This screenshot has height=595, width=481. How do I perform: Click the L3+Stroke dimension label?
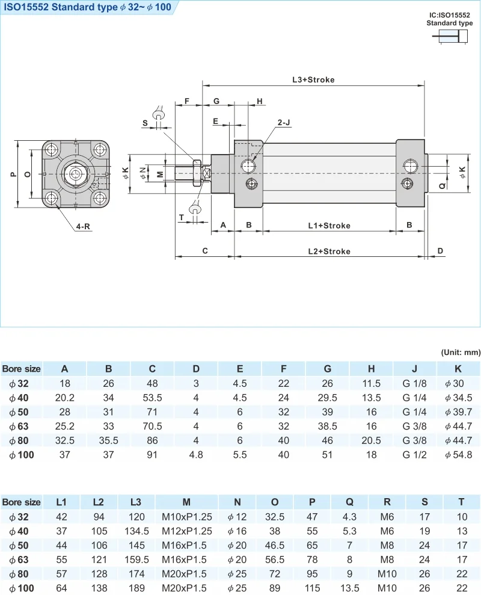point(313,79)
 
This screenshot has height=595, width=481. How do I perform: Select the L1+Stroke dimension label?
point(329,226)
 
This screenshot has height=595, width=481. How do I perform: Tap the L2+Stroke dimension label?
point(329,251)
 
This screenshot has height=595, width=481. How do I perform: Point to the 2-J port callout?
point(284,122)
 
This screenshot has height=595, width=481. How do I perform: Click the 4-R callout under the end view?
point(83,227)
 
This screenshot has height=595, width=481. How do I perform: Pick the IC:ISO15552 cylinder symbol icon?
point(449,38)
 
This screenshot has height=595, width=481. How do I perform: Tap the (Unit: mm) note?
point(459,352)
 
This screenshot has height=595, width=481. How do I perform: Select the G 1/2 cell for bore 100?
point(415,455)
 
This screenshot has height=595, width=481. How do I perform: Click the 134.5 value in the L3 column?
point(136,531)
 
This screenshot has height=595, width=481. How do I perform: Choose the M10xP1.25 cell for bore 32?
point(186,516)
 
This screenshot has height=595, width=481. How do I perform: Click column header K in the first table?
point(458,369)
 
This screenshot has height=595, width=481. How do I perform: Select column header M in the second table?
point(186,502)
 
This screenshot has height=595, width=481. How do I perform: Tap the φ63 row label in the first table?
point(19,426)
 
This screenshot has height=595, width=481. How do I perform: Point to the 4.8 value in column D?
point(196,455)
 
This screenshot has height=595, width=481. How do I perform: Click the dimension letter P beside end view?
point(13,174)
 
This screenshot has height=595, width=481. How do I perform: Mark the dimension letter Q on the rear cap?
point(443,187)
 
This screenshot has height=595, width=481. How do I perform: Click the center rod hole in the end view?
point(75,174)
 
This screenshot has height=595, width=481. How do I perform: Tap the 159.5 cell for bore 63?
point(136,560)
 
